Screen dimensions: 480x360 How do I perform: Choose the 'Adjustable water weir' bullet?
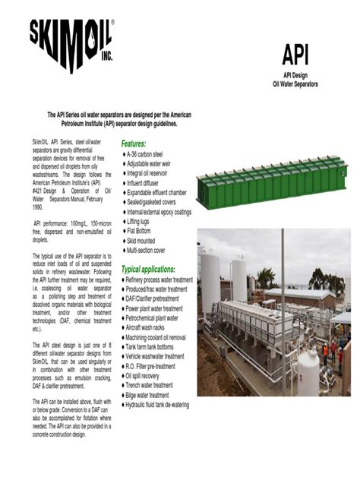pos(156,164)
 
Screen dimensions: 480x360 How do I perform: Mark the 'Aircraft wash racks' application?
pos(154,327)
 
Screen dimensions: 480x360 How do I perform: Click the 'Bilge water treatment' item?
pos(158,395)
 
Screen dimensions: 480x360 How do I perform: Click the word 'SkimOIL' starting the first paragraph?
pos(43,144)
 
